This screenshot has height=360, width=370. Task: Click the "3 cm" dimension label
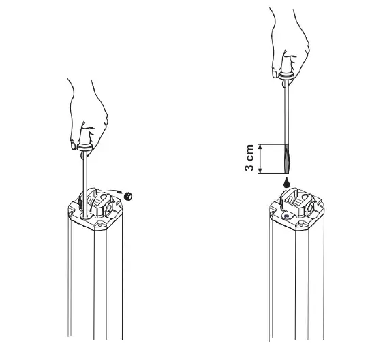[x=249, y=158]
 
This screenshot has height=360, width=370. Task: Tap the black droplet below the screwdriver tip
[x=286, y=182]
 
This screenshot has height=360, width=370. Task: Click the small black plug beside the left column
[x=128, y=196]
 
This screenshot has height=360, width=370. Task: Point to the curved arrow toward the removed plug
[x=111, y=191]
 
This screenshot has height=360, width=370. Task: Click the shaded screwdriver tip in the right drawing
[x=286, y=159]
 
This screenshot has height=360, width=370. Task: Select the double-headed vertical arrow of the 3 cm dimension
[x=260, y=159]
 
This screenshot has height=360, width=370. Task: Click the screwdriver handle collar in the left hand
[x=84, y=148]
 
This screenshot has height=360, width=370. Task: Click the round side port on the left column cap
[x=109, y=209]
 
